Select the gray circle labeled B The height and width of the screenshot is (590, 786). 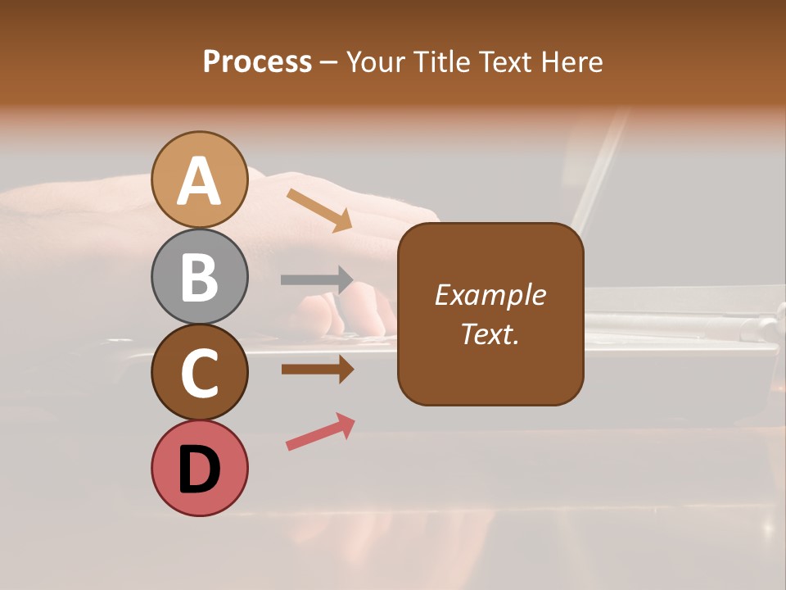click(199, 277)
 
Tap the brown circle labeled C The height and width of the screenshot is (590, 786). click(199, 373)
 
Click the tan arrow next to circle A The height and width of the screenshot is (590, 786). click(319, 209)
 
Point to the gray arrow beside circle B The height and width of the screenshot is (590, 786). click(317, 279)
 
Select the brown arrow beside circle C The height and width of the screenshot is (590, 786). click(317, 370)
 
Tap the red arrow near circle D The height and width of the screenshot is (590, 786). click(320, 432)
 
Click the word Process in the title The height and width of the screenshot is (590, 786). click(257, 62)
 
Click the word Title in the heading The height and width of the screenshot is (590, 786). click(441, 62)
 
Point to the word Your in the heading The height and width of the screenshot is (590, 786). click(377, 62)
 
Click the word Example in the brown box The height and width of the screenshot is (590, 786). click(490, 295)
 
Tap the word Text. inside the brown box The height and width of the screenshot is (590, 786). click(490, 334)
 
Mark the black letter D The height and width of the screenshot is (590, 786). click(199, 471)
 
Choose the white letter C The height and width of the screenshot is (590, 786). click(199, 374)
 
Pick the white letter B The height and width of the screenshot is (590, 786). click(199, 277)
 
